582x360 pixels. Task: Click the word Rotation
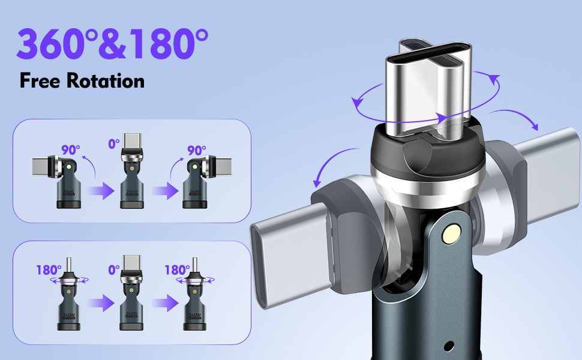[x=106, y=80]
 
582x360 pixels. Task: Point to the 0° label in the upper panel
[x=114, y=143]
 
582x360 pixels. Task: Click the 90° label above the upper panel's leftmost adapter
[x=71, y=150]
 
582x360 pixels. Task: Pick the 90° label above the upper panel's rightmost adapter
[x=196, y=151]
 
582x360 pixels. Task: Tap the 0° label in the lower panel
[x=114, y=269]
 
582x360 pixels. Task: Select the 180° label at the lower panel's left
[x=49, y=270]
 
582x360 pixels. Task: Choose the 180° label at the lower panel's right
[x=177, y=270]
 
